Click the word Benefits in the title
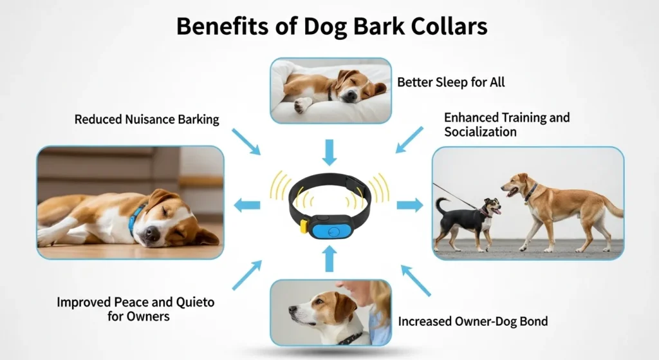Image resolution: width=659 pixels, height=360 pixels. pos(216,26)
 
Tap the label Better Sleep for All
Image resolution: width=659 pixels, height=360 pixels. pos(451,82)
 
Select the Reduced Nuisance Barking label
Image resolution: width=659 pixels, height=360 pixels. pos(147,119)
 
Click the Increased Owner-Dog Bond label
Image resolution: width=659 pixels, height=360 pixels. pos(473,321)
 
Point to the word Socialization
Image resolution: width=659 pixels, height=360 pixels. pos(480,132)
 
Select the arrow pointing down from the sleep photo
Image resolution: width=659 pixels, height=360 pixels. pos(329,152)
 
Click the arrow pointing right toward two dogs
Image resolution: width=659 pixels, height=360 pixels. pos(409,205)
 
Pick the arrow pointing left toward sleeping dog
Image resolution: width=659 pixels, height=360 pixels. pos(246,205)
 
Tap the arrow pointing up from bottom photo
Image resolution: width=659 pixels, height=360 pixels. pos(329,258)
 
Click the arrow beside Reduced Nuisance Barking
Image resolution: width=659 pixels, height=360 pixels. pos(246,141)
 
